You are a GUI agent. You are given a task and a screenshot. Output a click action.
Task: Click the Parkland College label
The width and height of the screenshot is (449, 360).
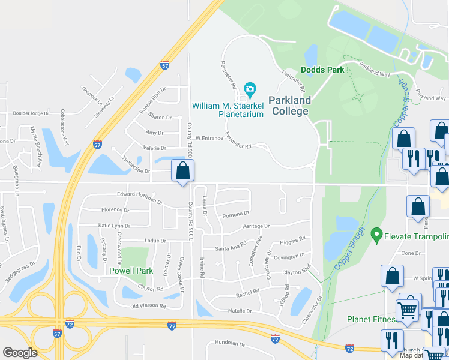(288, 106)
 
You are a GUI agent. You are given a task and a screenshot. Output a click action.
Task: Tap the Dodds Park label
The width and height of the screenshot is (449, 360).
(322, 70)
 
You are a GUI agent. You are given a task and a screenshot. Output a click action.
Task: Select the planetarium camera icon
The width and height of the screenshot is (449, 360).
(249, 91)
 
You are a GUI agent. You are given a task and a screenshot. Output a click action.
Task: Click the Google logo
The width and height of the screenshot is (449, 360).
(20, 352)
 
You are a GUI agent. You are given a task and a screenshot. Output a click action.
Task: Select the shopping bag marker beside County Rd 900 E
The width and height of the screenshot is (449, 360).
(182, 171)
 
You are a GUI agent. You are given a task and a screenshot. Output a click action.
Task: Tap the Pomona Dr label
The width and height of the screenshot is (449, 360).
(235, 214)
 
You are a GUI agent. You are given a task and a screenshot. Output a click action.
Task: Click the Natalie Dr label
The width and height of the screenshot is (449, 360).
(240, 311)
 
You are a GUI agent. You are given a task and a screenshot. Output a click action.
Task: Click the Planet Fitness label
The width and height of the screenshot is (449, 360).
(372, 319)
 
